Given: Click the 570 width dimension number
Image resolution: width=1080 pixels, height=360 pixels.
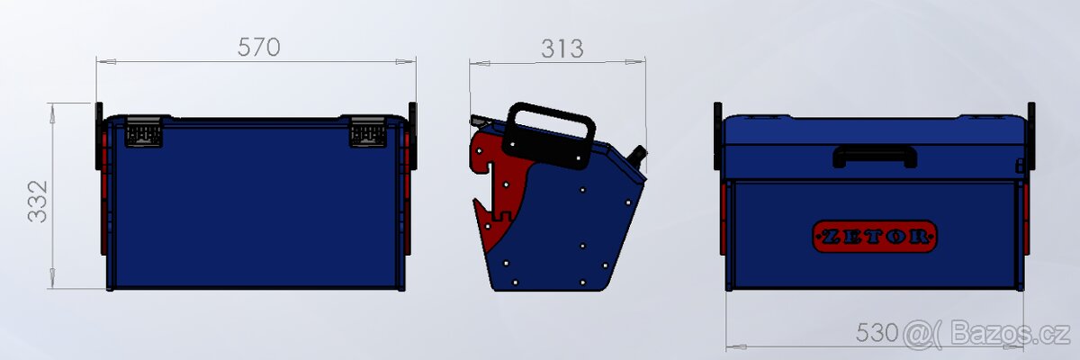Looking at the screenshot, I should [259, 48].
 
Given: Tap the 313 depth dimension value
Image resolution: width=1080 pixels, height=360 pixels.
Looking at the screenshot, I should [562, 49].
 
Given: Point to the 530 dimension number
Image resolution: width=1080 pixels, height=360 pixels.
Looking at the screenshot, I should [876, 333].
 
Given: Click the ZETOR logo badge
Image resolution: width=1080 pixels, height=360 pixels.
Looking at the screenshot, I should [875, 237].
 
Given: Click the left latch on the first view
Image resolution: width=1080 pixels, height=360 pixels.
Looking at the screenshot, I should [144, 132].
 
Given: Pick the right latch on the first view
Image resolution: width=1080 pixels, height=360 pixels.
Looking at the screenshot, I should [367, 132].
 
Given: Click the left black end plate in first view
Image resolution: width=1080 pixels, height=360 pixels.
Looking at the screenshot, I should [98, 135].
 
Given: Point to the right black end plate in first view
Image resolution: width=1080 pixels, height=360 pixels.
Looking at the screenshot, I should [412, 135].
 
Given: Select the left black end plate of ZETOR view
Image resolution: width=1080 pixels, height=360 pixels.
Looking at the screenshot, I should [718, 135].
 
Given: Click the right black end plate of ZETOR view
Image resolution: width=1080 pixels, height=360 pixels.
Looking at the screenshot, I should [1031, 135].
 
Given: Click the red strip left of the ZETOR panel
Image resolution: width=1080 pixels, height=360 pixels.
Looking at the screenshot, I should [724, 220].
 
